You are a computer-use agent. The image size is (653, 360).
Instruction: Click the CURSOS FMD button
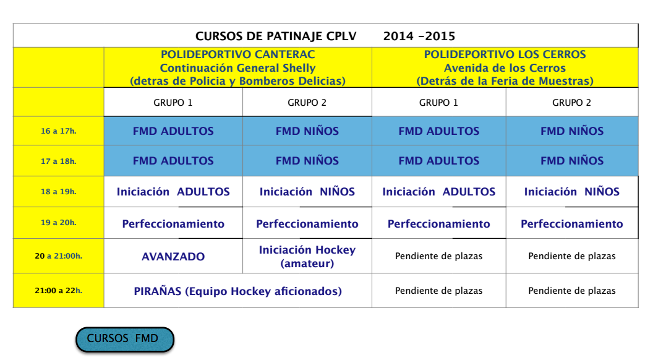pos(124,339)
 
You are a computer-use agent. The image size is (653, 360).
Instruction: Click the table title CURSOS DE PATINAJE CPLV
pos(276,36)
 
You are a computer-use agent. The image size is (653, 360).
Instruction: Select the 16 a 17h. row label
pos(58,131)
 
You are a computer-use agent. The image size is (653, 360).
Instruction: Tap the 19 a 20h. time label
pos(58,223)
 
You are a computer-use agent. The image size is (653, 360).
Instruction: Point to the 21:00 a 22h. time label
pos(58,291)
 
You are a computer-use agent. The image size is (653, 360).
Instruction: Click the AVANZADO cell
pos(173,257)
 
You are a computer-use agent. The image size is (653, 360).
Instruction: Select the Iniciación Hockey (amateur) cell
pos(307,256)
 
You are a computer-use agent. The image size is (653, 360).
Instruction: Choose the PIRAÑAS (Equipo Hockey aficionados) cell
pos(238,291)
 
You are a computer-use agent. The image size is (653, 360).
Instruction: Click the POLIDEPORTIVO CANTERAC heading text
pos(238,54)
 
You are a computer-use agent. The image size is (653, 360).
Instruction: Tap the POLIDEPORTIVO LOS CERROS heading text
pos(505,54)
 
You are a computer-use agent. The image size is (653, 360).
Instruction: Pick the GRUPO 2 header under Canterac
pos(307,103)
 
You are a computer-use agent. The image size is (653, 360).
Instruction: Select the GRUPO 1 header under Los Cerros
pos(438,103)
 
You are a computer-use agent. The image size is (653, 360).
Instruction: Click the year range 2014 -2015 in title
pos(419,36)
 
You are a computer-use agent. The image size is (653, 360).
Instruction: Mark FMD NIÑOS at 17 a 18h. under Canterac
pos(307,161)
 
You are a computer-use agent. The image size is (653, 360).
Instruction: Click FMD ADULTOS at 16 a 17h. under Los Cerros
pos(439,131)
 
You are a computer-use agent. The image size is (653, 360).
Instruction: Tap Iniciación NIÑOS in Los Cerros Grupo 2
pos(572,192)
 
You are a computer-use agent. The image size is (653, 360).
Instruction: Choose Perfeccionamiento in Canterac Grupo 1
pos(173,224)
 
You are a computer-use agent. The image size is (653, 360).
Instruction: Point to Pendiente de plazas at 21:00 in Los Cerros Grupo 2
pos(572,291)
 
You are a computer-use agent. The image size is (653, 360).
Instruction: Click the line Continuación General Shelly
pos(238,68)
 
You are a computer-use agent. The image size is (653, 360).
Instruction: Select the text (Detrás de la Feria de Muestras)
pos(505,81)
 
